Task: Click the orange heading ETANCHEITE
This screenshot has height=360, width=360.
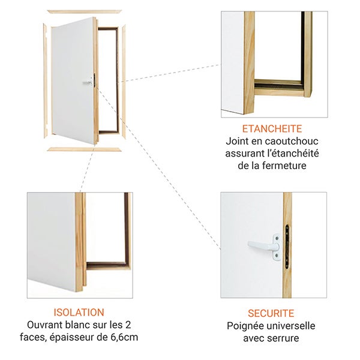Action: (x=271, y=128)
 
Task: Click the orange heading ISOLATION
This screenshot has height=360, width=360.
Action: (x=79, y=312)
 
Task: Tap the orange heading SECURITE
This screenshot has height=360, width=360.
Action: (x=271, y=313)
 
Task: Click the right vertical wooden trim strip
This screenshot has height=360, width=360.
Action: (x=124, y=78)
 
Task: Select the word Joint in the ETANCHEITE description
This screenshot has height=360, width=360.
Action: (x=237, y=142)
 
